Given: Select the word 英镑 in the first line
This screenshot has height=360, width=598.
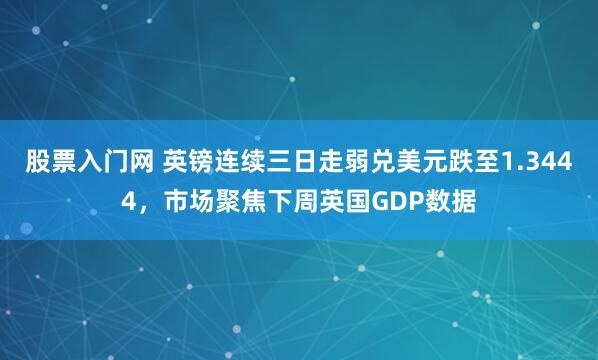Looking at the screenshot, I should [187, 163].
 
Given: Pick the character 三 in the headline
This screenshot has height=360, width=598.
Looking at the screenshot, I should [278, 163].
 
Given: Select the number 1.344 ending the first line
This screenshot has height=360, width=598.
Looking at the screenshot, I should [543, 163].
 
